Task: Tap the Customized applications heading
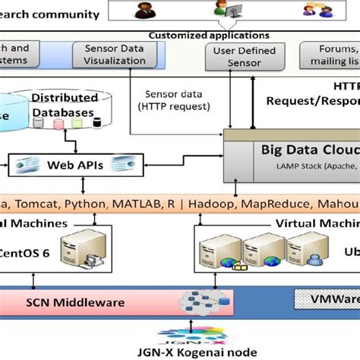point(208,35)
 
